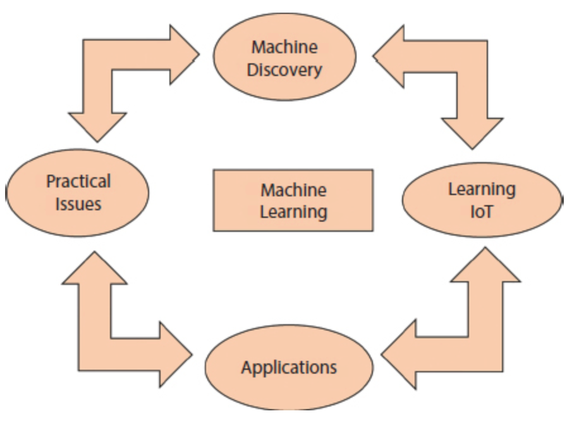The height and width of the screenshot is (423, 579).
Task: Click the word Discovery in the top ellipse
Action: click(x=284, y=69)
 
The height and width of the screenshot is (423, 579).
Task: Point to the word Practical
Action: click(x=78, y=182)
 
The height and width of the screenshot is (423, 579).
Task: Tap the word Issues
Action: click(x=78, y=204)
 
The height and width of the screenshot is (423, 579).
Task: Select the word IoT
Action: click(x=482, y=211)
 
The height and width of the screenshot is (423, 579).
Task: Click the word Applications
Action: click(x=289, y=367)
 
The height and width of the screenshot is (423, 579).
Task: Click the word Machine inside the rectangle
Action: click(x=293, y=190)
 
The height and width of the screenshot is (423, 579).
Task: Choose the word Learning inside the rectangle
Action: click(x=293, y=211)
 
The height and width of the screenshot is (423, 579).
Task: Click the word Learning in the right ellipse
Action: click(x=482, y=189)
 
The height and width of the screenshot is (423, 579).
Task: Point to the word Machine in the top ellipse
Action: click(x=284, y=47)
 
